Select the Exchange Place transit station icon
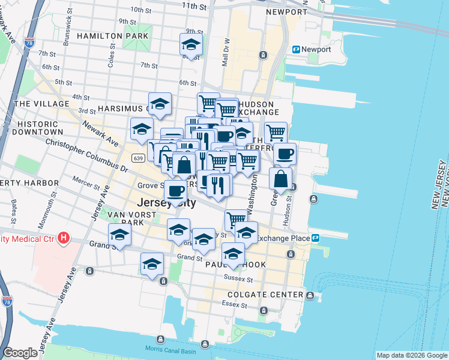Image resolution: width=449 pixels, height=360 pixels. (x=315, y=238)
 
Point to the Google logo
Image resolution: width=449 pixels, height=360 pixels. (x=20, y=353)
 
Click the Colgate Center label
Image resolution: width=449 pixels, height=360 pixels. (x=265, y=295)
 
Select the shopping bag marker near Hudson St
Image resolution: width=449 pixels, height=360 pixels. (x=280, y=178)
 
